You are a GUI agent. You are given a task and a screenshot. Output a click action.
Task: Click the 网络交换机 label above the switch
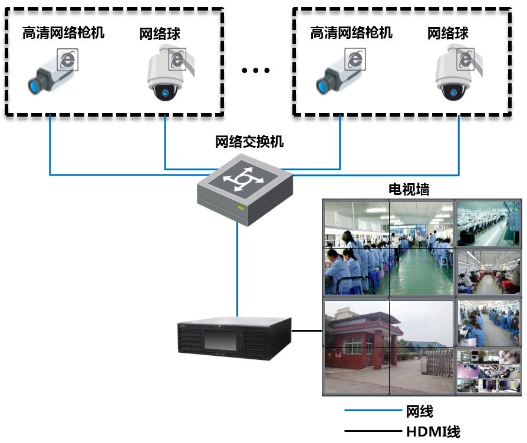pos(249,141)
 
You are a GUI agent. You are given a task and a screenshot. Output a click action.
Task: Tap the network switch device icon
pos(245,187)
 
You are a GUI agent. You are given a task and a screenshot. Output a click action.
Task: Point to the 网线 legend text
pos(420,411)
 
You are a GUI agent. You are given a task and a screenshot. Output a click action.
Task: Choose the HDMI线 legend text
pos(433,432)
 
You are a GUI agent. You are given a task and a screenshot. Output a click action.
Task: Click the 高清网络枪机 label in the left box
pos(63,32)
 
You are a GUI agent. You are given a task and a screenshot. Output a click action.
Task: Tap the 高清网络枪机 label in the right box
pos(351,32)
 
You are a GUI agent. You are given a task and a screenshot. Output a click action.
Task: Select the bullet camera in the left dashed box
pos(52,72)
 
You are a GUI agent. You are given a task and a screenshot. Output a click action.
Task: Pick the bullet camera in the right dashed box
pos(340,72)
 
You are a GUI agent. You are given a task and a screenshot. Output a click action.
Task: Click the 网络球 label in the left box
pos(160,34)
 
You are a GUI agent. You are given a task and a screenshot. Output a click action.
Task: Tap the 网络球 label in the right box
pos(448,34)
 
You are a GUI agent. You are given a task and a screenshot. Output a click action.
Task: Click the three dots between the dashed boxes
pos(256,71)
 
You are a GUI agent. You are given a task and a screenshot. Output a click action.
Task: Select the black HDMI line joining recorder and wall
pos(307,330)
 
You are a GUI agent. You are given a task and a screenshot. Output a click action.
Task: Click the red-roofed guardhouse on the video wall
pos(353,339)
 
